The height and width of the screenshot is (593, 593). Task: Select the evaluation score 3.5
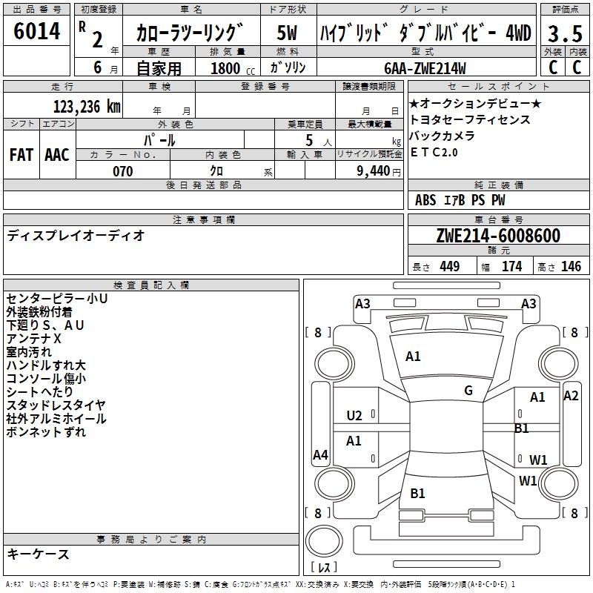(563, 33)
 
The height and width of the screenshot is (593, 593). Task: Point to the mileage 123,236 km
(86, 106)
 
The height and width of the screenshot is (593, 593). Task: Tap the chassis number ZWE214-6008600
(497, 236)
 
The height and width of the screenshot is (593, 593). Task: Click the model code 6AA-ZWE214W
(425, 68)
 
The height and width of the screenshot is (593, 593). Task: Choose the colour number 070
(122, 171)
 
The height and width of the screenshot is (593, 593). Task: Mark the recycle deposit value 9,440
(368, 171)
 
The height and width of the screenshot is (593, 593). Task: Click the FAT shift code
(21, 154)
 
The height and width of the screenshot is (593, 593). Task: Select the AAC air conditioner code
(56, 154)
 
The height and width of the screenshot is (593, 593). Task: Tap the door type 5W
(287, 33)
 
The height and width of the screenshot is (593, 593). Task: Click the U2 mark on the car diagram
(354, 415)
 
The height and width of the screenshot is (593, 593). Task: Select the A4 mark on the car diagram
(320, 455)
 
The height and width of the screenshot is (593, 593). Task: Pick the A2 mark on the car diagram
(571, 396)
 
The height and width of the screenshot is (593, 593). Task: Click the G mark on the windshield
(468, 391)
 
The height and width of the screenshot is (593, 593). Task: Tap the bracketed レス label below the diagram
(325, 568)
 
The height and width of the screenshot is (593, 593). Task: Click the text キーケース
(39, 554)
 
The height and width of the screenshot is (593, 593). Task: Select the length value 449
(449, 266)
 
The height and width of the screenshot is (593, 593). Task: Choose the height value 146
(571, 266)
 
